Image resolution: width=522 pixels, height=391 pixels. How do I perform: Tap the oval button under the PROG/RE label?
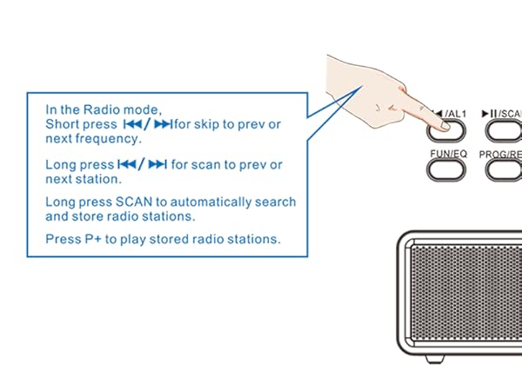(x=504, y=169)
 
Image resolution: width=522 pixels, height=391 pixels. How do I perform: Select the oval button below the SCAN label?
(x=504, y=130)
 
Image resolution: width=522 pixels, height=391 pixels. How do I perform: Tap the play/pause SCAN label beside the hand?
(x=502, y=113)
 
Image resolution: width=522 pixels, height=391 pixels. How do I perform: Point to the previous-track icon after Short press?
(x=132, y=125)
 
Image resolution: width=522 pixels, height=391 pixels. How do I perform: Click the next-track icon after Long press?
(x=157, y=164)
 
